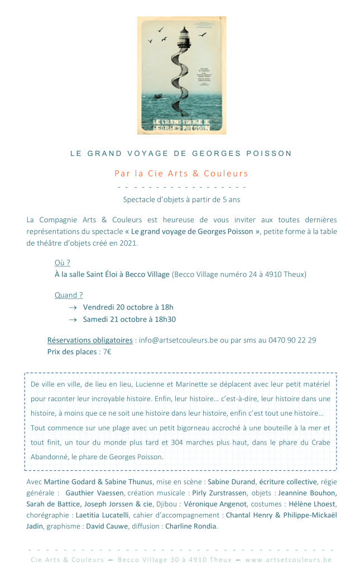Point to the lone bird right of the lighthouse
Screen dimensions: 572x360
click(x=203, y=35)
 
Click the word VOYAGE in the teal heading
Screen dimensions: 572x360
click(x=155, y=153)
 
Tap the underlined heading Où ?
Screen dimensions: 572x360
click(x=62, y=263)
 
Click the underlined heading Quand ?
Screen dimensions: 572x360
click(x=69, y=295)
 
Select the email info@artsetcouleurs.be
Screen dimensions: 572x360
click(x=178, y=340)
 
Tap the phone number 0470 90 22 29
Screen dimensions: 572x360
click(x=292, y=340)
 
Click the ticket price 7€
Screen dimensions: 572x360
click(x=107, y=351)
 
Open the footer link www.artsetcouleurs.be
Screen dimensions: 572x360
click(x=288, y=559)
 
